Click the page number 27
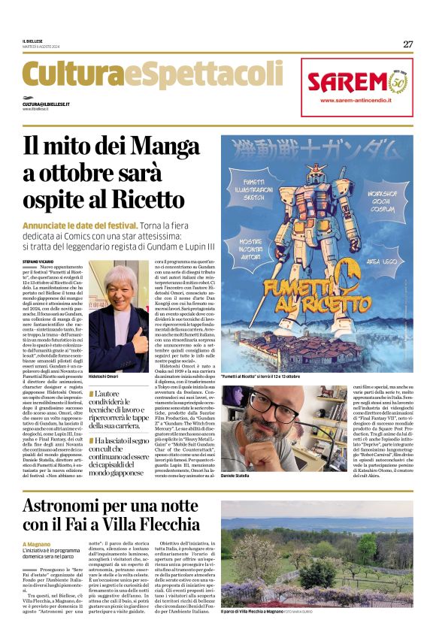pyautogui.click(x=407, y=44)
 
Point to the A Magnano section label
pyautogui.click(x=35, y=545)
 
